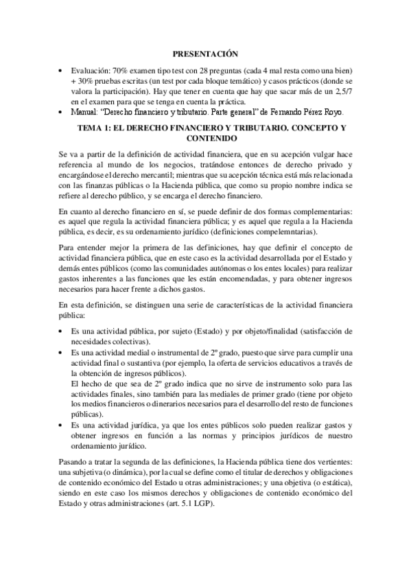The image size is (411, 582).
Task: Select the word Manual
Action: click(x=84, y=113)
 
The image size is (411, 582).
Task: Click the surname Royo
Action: click(x=338, y=113)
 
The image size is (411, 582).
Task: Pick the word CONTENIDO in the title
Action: click(x=205, y=138)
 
